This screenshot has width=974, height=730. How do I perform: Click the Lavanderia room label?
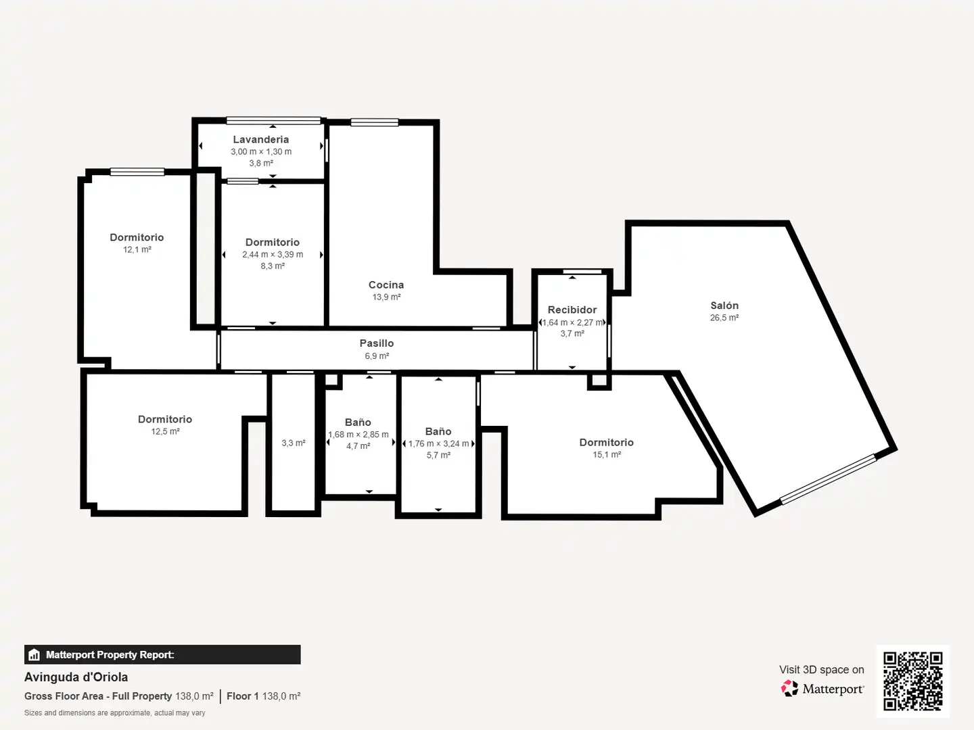(x=261, y=139)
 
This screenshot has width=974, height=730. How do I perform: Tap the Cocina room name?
(x=386, y=285)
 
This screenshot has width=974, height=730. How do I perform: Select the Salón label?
(x=724, y=305)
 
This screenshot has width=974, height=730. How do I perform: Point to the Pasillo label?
(x=377, y=343)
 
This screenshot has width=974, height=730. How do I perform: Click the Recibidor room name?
(x=572, y=310)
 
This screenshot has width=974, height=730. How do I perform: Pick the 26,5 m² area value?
(x=724, y=318)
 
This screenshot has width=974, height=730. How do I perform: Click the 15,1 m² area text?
(x=607, y=454)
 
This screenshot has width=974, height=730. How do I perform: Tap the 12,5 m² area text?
(x=165, y=431)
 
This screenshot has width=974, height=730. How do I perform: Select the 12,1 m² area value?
(x=137, y=249)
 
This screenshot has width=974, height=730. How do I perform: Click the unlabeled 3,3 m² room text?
(x=294, y=443)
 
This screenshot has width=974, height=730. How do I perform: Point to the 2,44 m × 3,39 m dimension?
(x=273, y=254)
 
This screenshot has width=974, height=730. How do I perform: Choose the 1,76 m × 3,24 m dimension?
(x=438, y=443)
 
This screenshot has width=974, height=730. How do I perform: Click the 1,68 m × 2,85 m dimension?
(x=358, y=435)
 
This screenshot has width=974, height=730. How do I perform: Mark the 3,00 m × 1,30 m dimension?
(x=261, y=151)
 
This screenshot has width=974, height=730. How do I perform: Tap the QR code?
(x=912, y=681)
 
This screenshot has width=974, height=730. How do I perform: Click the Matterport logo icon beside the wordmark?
(x=789, y=688)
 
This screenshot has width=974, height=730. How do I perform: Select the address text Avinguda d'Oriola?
(x=76, y=677)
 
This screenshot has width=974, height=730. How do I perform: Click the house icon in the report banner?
(x=34, y=655)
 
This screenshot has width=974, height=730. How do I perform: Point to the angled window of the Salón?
(x=829, y=479)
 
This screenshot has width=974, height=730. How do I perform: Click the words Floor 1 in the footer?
(x=243, y=696)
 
